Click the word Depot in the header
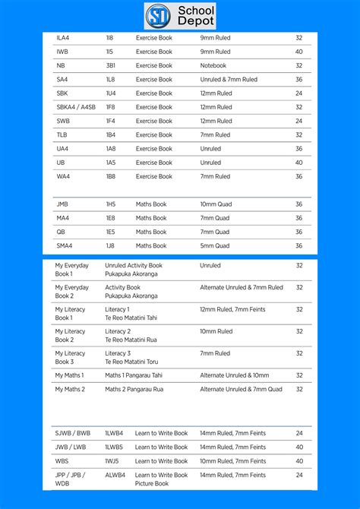tap(197, 21)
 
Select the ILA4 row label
tap(62, 38)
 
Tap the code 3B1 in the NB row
tap(110, 65)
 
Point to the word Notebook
tap(213, 65)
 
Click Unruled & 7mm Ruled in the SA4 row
tap(229, 79)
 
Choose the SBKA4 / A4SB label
tap(75, 107)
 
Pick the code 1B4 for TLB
tap(111, 134)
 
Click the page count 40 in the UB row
tap(298, 163)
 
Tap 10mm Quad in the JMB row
tap(219, 204)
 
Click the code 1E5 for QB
tap(111, 232)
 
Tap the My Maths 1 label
tap(69, 375)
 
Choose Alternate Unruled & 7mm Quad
tap(241, 389)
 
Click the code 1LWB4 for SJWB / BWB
tap(114, 434)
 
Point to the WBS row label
tap(62, 461)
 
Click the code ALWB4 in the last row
tap(114, 475)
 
